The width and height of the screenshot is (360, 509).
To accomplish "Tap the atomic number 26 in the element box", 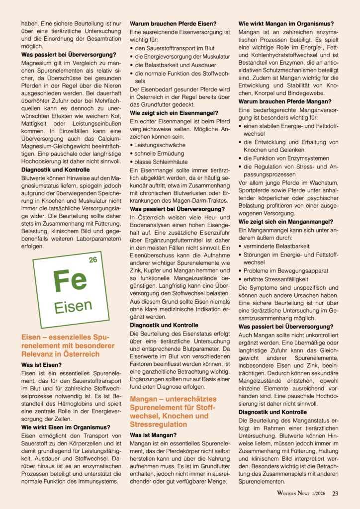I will [x=92, y=260].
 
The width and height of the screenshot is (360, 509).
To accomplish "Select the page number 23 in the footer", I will [x=335, y=493].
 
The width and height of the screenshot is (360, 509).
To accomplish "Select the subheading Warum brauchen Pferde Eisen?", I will [x=173, y=23].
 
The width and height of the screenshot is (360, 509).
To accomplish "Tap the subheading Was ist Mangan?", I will [x=152, y=434].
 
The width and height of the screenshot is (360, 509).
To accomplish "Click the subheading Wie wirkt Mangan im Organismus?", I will [x=286, y=23].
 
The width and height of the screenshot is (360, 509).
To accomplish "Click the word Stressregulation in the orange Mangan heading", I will [x=160, y=424].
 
